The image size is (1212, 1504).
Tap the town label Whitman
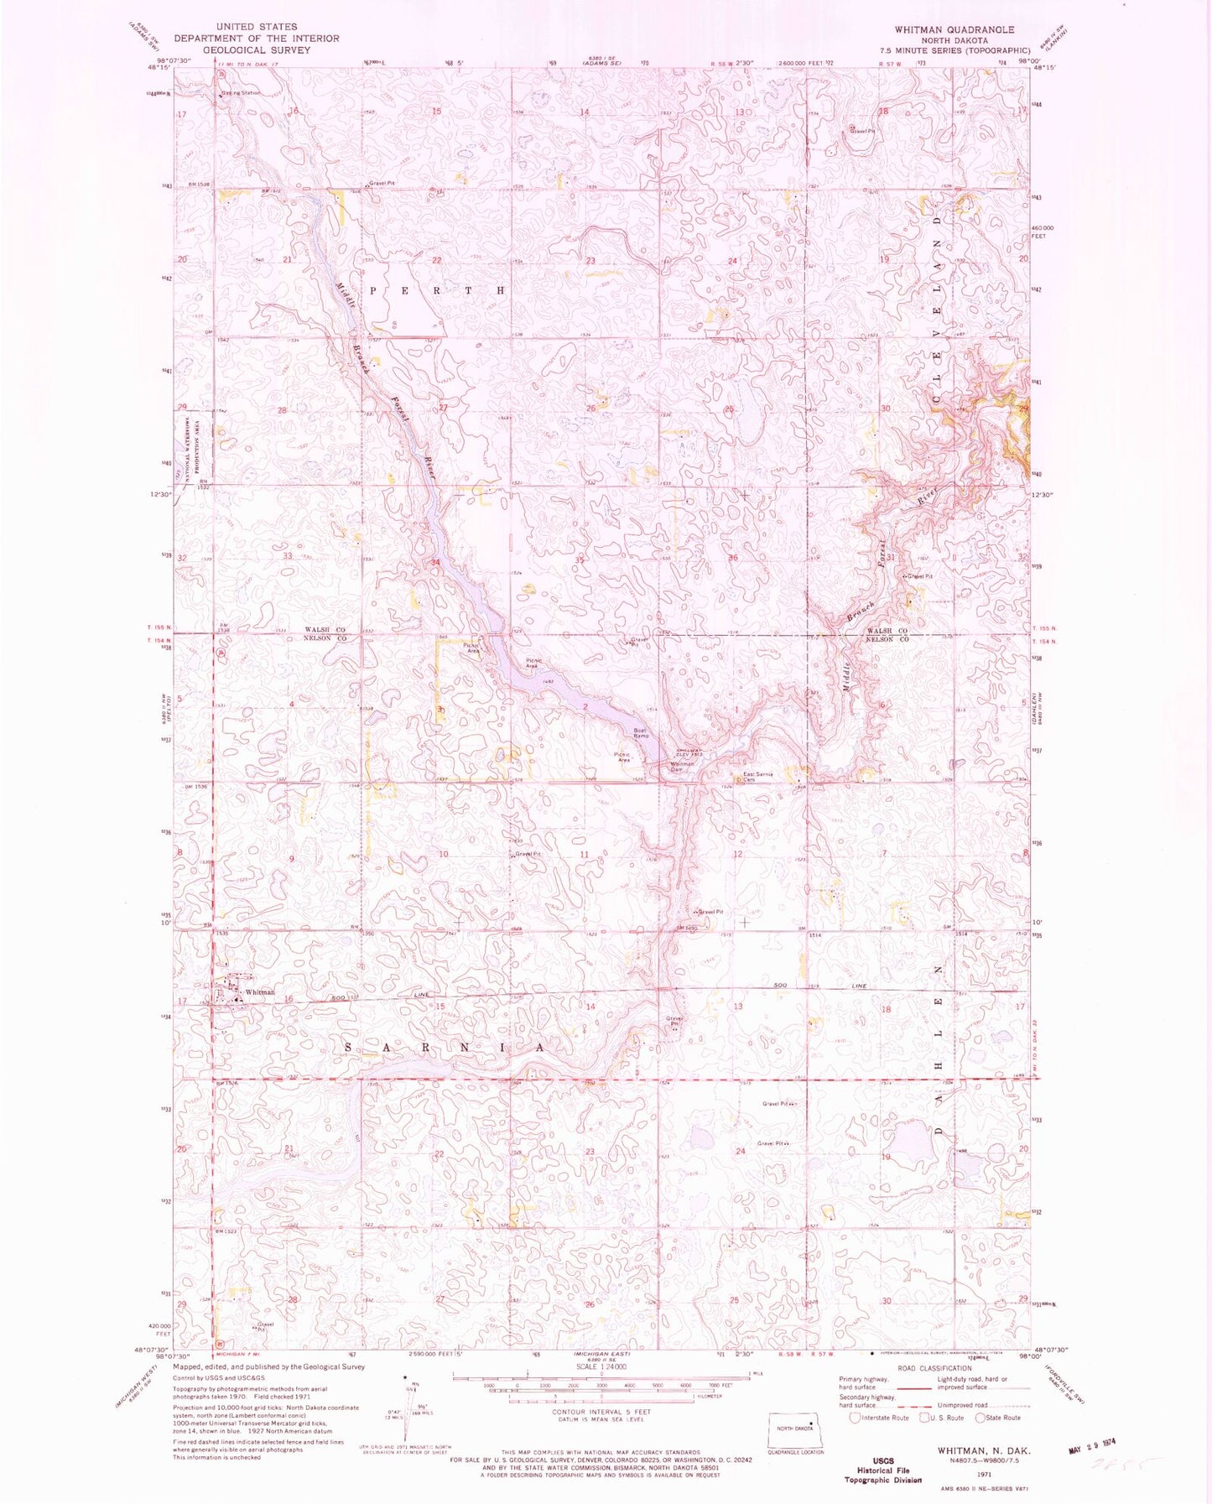[x=259, y=992]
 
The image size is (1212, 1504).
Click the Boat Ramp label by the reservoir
[x=641, y=732]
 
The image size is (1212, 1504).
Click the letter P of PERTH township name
[x=374, y=289]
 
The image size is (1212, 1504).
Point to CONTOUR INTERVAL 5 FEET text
[x=600, y=1412]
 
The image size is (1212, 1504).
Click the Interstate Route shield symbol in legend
[x=855, y=1418]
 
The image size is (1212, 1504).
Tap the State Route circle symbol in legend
[x=979, y=1418]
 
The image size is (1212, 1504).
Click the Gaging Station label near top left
[x=241, y=92]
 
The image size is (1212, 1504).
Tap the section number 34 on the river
[x=435, y=562]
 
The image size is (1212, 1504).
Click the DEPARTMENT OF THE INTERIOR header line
[x=256, y=39]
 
